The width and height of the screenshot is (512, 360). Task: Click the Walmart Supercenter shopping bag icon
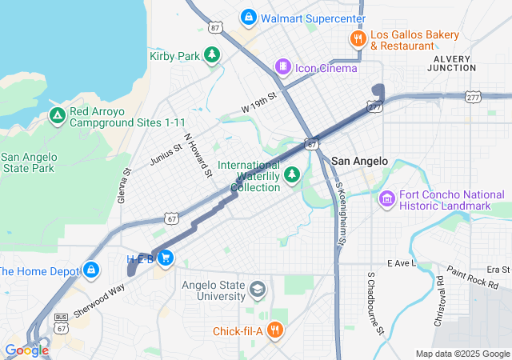pos(249,18)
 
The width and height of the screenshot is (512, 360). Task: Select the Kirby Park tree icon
pos(212,55)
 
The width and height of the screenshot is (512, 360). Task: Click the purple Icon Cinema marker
pos(282,66)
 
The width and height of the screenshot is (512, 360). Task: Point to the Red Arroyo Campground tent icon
pos(57,116)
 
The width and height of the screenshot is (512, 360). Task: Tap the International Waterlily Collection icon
pos(293,174)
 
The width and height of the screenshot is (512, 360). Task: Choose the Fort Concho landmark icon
pos(387,198)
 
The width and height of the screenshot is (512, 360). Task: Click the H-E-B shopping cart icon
pos(166,258)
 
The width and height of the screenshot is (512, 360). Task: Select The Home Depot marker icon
pos(91,270)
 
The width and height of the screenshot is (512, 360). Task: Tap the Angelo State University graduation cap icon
pos(257,289)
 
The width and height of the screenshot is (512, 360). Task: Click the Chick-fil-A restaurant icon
pos(274,330)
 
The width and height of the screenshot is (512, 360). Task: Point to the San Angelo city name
pos(359,161)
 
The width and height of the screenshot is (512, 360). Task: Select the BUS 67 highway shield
pos(61,321)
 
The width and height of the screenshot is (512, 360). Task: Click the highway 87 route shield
pos(214,27)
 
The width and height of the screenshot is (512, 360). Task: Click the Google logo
pos(27,350)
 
